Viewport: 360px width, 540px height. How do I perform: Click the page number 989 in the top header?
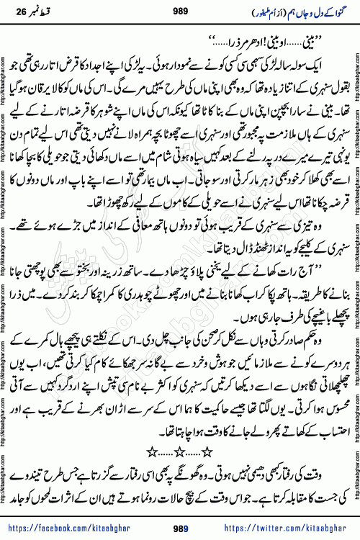point(180,10)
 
